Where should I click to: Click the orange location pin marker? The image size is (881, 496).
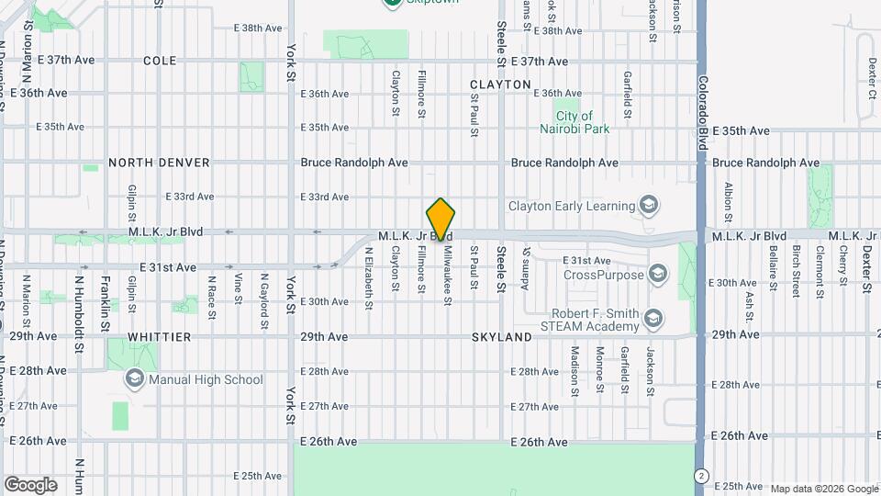click(x=440, y=220)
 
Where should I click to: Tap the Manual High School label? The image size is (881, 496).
click(x=206, y=379)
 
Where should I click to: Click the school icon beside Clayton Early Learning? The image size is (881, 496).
click(x=650, y=205)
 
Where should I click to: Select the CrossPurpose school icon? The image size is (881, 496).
click(x=657, y=274)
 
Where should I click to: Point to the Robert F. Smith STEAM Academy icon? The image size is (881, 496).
click(x=653, y=319)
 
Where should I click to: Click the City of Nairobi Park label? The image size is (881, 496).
click(x=583, y=123)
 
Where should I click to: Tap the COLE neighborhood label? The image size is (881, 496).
click(x=160, y=61)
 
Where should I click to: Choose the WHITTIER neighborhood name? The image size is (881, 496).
click(x=160, y=337)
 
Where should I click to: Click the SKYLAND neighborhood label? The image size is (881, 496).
click(x=502, y=337)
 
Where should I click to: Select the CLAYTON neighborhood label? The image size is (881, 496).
click(x=500, y=85)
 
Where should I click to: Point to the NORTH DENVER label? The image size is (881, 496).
click(x=159, y=163)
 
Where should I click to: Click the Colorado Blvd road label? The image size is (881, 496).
click(x=702, y=92)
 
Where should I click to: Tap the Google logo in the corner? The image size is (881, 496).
click(x=30, y=485)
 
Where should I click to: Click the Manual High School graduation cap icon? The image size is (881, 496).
click(x=135, y=378)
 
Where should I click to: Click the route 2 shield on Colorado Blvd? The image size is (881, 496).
click(x=702, y=475)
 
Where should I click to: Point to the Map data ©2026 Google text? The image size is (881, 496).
click(x=823, y=489)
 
